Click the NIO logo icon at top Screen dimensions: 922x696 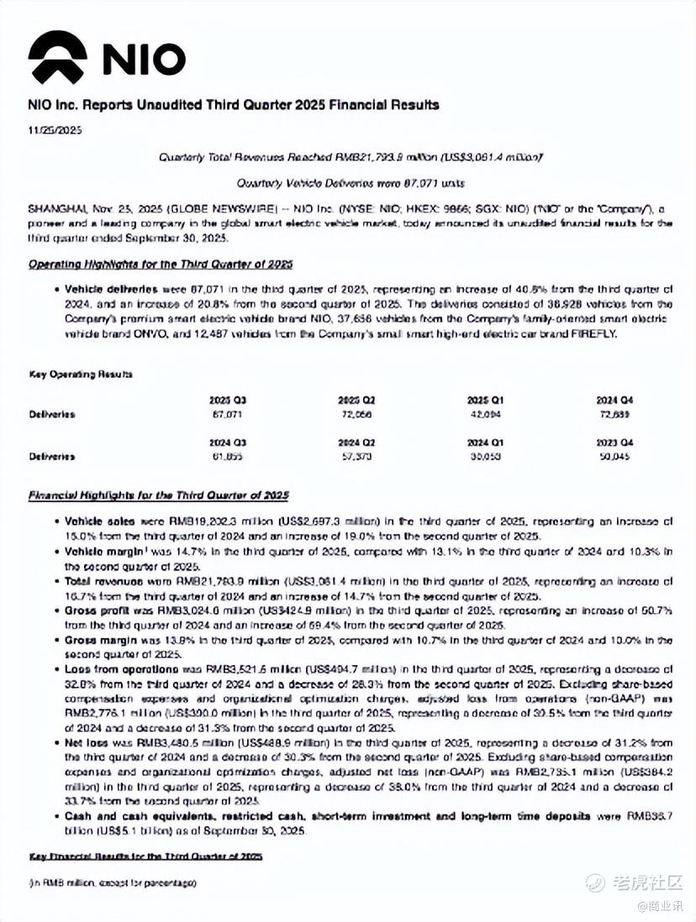coord(57,59)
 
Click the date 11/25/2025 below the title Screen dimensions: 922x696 coord(55,130)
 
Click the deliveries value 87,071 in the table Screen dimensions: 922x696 coord(224,415)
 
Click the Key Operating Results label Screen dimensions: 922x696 coord(81,374)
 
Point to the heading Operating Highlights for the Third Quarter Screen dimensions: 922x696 coord(161,264)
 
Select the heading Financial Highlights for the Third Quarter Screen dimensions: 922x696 coord(159,495)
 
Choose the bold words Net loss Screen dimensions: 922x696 coord(84,743)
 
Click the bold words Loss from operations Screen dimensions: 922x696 coord(115,669)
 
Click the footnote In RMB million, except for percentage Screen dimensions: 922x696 coord(113,883)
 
